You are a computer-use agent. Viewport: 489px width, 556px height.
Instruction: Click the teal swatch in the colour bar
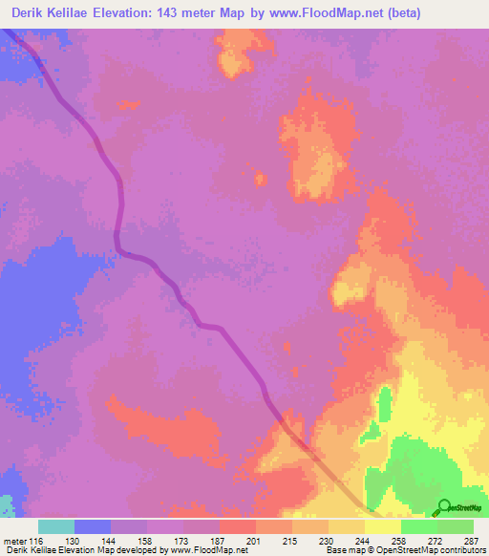(56, 526)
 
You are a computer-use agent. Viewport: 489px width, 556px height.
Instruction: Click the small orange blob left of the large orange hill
(258, 178)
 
